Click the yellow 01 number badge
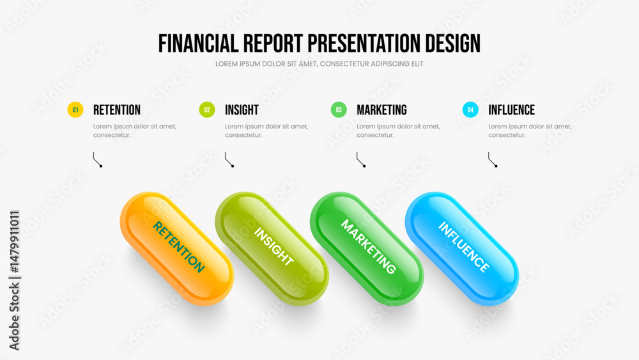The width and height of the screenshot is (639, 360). coord(75,110)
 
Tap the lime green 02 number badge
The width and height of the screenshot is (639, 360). coord(207,110)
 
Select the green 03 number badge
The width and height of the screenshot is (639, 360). coord(339,110)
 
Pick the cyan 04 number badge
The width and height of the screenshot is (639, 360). coord(470,110)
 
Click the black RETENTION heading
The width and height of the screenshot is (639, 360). coord(116,110)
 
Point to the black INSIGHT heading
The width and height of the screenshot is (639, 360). coord(242,110)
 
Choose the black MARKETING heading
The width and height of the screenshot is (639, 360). coord(381,110)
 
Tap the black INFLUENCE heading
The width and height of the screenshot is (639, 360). coord(511,110)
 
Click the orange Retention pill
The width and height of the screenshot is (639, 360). coord(177,249)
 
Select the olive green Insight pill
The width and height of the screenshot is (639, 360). coord(272,249)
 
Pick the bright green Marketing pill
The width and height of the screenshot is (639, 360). coord(367,249)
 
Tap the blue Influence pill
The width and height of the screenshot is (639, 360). coord(462,249)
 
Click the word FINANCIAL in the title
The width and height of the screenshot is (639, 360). coord(199,43)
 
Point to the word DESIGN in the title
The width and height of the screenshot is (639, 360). coord(453,43)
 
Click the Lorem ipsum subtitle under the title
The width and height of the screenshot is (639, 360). coord(319,64)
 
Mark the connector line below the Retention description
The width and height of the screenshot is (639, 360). coord(97,159)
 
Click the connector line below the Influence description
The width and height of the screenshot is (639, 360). coord(492,159)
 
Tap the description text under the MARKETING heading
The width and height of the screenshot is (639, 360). coord(398,130)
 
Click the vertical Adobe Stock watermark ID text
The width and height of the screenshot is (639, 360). coord(14,281)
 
